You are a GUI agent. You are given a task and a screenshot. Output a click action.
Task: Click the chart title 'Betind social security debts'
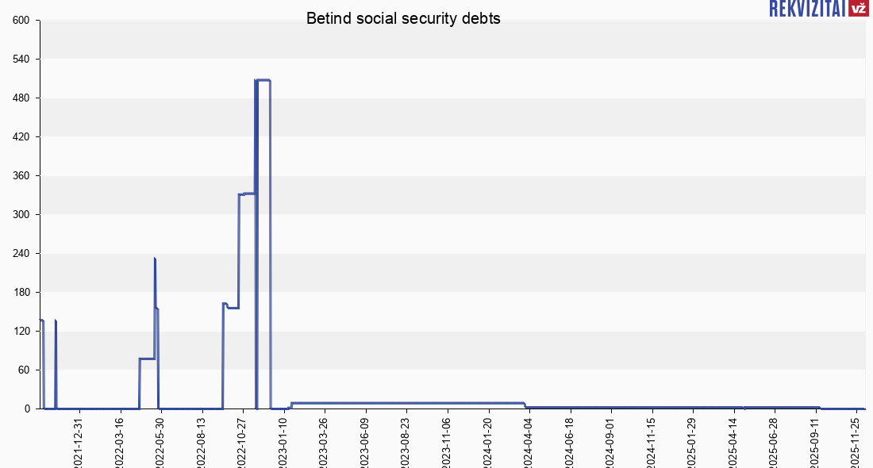(403, 19)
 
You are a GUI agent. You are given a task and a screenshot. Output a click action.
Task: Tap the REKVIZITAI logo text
(806, 9)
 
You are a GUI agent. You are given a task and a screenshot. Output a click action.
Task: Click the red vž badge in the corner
(858, 9)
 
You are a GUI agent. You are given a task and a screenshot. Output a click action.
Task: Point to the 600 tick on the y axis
(21, 21)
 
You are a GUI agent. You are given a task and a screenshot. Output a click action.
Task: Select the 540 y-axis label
(21, 59)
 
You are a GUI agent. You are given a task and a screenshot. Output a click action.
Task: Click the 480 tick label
(21, 98)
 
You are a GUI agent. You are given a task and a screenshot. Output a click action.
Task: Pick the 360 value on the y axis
(21, 176)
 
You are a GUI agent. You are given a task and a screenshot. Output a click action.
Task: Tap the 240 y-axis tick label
(21, 254)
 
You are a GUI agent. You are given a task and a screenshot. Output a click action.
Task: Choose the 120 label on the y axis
(21, 332)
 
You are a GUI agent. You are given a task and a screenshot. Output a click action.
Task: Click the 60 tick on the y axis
(24, 370)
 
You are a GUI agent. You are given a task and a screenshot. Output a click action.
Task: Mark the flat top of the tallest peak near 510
(263, 80)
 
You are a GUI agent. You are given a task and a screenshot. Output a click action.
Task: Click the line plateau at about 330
(247, 194)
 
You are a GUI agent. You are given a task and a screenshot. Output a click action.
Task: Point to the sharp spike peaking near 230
(155, 259)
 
